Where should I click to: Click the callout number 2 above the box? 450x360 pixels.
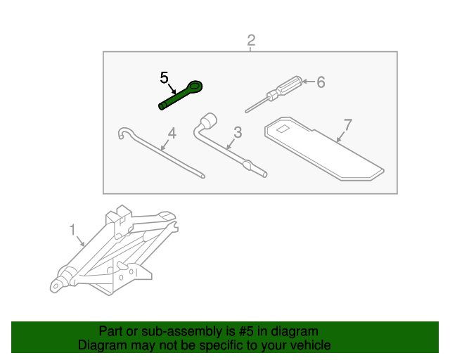click(x=251, y=40)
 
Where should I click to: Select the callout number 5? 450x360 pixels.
click(x=165, y=77)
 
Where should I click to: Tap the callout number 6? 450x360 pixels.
click(x=321, y=82)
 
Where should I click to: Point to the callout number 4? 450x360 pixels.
click(x=172, y=132)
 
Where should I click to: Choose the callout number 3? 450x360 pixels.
click(x=238, y=132)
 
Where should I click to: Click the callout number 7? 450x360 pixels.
click(x=347, y=125)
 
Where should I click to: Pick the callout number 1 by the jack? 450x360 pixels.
click(x=72, y=229)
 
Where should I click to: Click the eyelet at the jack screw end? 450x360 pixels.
click(x=55, y=285)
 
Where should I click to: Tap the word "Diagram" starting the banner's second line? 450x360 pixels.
click(x=100, y=345)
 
